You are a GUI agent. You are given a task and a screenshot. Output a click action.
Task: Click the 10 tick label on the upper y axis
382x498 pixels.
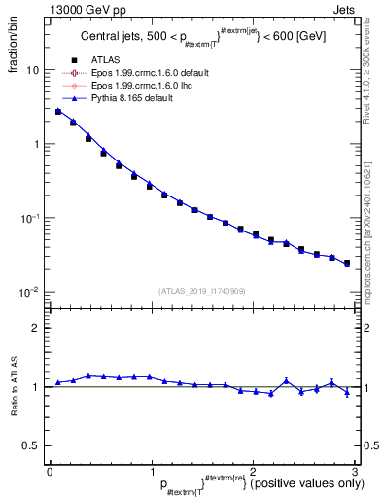[x=32, y=71]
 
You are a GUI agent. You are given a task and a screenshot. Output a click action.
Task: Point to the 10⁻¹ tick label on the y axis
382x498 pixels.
[x=30, y=218]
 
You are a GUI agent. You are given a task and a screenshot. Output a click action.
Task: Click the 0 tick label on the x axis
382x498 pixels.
[x=49, y=471]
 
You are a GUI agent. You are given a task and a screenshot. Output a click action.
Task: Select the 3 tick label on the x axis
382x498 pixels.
[x=355, y=471]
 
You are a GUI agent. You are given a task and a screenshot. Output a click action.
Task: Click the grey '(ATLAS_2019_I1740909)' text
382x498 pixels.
[x=201, y=291]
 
